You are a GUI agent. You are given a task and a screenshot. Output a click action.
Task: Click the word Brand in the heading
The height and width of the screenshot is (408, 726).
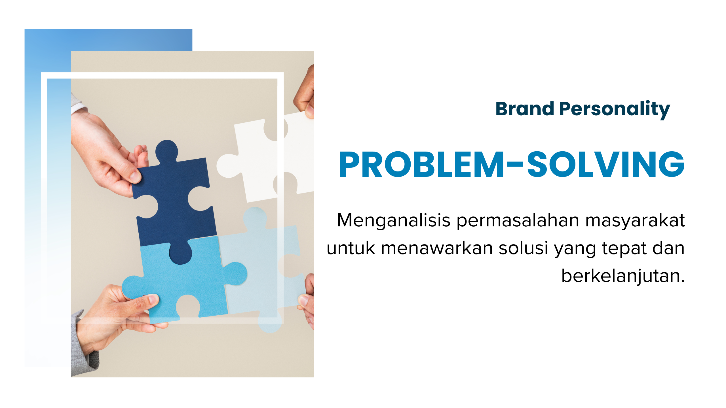(x=525, y=109)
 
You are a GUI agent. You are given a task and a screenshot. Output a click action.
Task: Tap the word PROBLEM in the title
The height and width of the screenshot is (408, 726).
(x=421, y=165)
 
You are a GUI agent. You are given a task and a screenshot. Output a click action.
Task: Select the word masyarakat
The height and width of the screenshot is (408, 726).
(x=635, y=221)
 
